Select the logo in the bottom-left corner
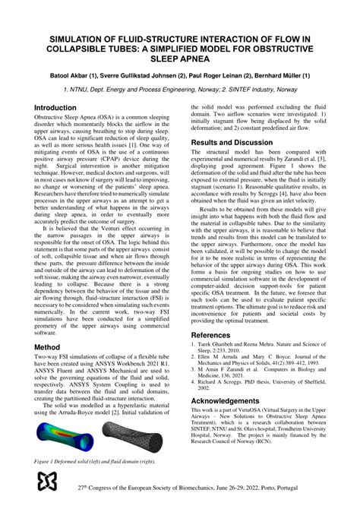pyautogui.click(x=47, y=484)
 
